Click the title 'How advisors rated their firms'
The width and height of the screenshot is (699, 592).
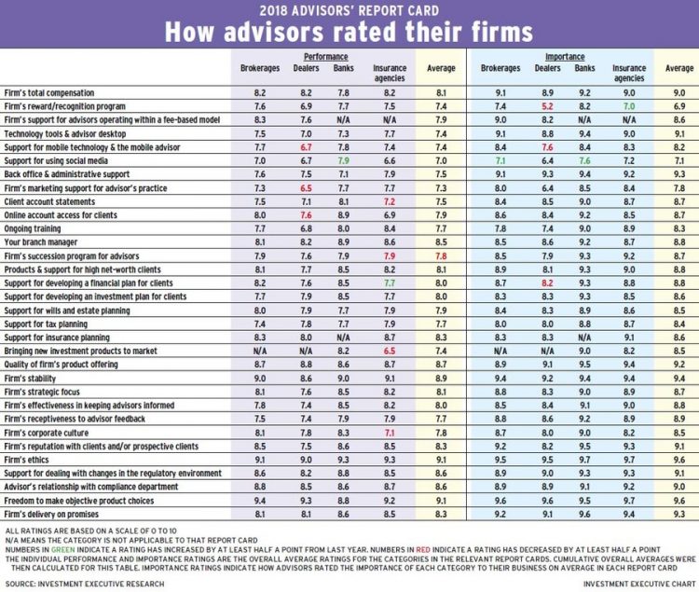(349, 32)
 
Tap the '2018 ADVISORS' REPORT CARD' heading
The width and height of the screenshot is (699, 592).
(349, 11)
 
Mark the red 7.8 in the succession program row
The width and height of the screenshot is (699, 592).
(441, 256)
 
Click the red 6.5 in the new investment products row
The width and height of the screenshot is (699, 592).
(390, 351)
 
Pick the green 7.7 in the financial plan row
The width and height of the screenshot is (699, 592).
(390, 283)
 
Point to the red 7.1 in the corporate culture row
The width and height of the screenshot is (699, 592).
(390, 433)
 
